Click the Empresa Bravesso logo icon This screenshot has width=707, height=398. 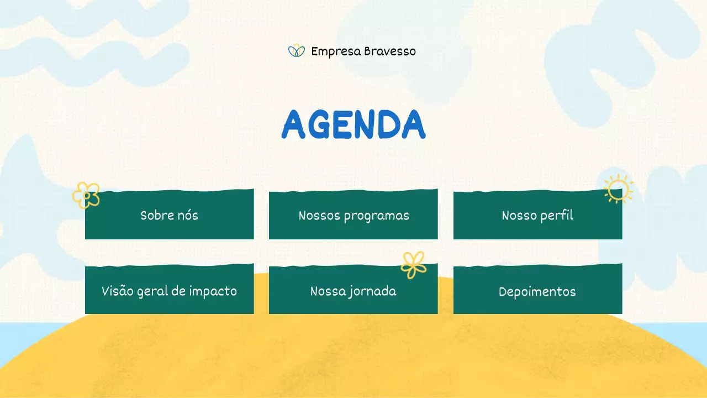pyautogui.click(x=297, y=51)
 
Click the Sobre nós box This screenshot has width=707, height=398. pyautogui.click(x=169, y=216)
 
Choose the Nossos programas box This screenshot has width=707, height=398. pyautogui.click(x=353, y=216)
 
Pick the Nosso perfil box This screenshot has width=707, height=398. pyautogui.click(x=537, y=216)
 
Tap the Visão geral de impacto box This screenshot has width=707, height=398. pyautogui.click(x=169, y=291)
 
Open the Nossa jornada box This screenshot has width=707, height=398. pyautogui.click(x=353, y=291)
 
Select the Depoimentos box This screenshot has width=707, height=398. pyautogui.click(x=537, y=291)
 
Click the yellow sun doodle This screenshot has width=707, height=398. pyautogui.click(x=618, y=188)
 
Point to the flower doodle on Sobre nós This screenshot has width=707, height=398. pyautogui.click(x=86, y=195)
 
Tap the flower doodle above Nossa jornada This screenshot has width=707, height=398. pyautogui.click(x=414, y=265)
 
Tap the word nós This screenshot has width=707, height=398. pyautogui.click(x=188, y=215)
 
